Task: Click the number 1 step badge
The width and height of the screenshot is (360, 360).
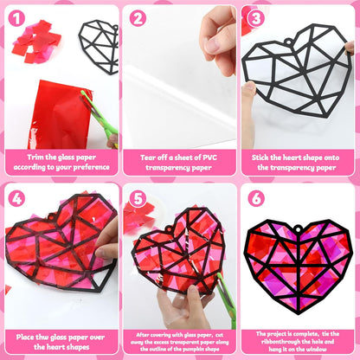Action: [x=16, y=18]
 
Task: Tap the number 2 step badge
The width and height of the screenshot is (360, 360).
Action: [x=138, y=18]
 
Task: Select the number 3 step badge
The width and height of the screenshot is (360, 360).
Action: [x=256, y=18]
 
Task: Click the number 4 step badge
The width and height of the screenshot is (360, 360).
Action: [x=16, y=198]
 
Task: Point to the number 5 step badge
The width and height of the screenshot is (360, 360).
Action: [x=138, y=198]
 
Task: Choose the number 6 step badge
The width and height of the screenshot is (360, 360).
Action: [x=256, y=198]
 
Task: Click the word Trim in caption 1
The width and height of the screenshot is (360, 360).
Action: [x=35, y=157]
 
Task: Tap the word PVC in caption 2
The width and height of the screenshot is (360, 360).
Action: [x=209, y=157]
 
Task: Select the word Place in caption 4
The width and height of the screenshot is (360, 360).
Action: [x=25, y=337]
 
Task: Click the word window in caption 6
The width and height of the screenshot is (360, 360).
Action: [x=317, y=349]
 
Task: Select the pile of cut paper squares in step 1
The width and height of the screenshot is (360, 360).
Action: [x=36, y=42]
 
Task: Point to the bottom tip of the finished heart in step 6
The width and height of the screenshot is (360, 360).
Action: [x=299, y=313]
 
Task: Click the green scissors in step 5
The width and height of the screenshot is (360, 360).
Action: [x=227, y=300]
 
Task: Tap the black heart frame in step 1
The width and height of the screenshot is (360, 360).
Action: [x=99, y=47]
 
